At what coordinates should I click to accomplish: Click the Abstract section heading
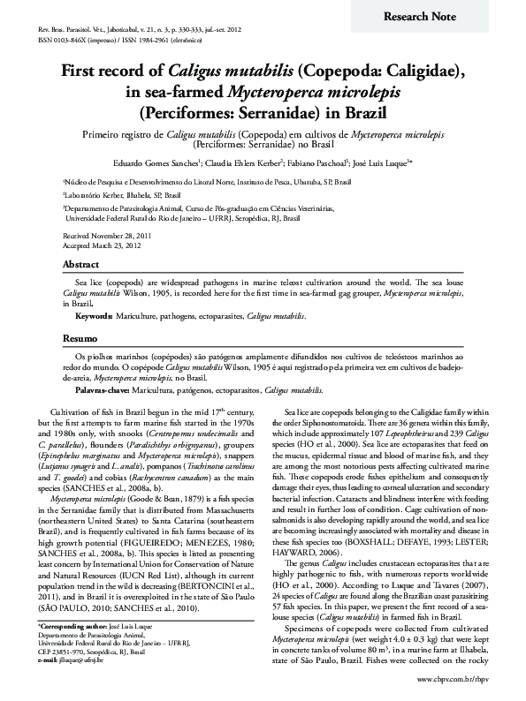(81, 264)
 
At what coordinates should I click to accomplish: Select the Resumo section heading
(80, 339)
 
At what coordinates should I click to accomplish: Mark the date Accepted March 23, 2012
(103, 245)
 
